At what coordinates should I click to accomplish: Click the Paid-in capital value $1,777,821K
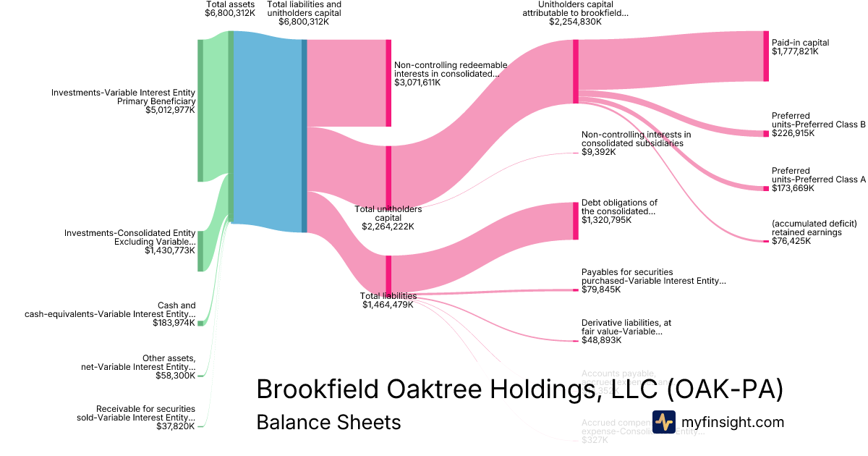pyautogui.click(x=795, y=52)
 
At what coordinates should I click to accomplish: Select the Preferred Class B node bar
pyautogui.click(x=766, y=133)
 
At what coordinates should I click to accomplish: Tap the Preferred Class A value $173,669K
pyautogui.click(x=793, y=188)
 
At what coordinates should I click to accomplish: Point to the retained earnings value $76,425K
pyautogui.click(x=791, y=241)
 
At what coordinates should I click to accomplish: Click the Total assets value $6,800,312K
pyautogui.click(x=230, y=13)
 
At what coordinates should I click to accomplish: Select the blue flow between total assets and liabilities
pyautogui.click(x=268, y=130)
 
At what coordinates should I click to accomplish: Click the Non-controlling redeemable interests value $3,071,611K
pyautogui.click(x=417, y=83)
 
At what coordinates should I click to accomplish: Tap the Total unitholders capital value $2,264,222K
pyautogui.click(x=388, y=227)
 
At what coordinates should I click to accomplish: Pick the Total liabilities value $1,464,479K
pyautogui.click(x=388, y=305)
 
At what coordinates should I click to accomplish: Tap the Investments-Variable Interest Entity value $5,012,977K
pyautogui.click(x=171, y=111)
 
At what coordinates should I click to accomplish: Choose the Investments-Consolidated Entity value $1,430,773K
pyautogui.click(x=170, y=250)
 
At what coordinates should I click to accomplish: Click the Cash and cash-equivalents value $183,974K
pyautogui.click(x=174, y=323)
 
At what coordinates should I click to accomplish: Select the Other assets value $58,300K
pyautogui.click(x=176, y=376)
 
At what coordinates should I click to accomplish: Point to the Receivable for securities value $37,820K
pyautogui.click(x=176, y=426)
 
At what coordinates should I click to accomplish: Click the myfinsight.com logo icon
pyautogui.click(x=664, y=422)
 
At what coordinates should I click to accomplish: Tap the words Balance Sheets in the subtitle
pyautogui.click(x=328, y=422)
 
